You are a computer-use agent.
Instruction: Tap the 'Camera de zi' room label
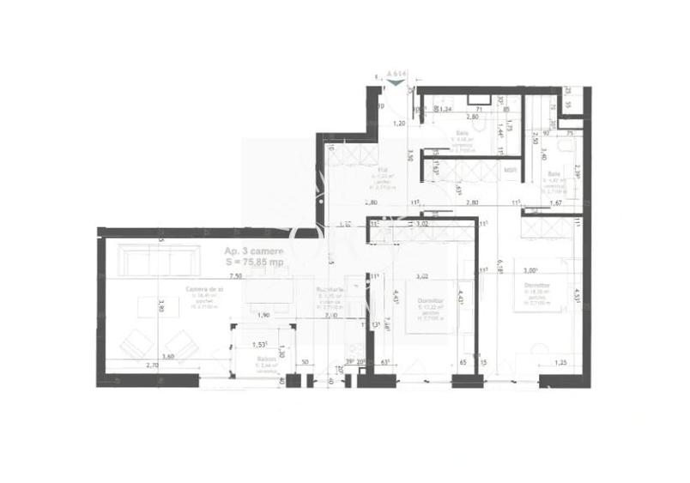[x=205, y=289]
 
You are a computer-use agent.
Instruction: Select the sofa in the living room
[x=151, y=260]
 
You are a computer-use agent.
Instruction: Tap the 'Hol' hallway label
[x=384, y=170]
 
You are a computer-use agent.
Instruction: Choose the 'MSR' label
[x=510, y=170]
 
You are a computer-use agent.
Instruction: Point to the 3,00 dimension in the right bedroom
[x=532, y=269]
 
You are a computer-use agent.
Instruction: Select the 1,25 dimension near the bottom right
[x=560, y=363]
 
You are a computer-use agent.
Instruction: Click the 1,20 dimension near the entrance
[x=399, y=124]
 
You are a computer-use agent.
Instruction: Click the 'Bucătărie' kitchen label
[x=330, y=290]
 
